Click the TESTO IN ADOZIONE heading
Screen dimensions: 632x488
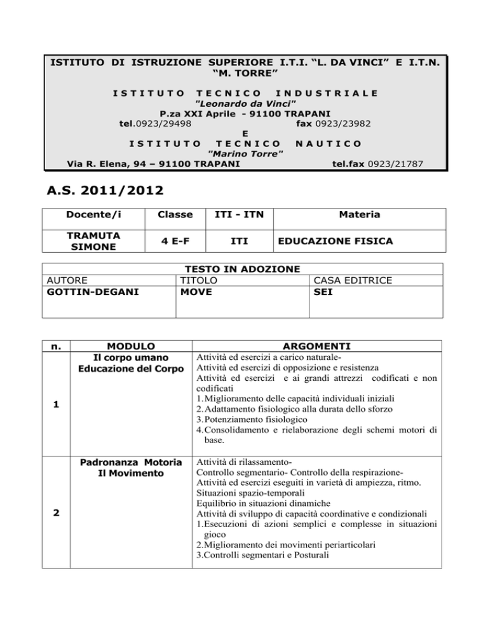(x=241, y=270)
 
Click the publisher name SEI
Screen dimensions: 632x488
(x=323, y=292)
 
